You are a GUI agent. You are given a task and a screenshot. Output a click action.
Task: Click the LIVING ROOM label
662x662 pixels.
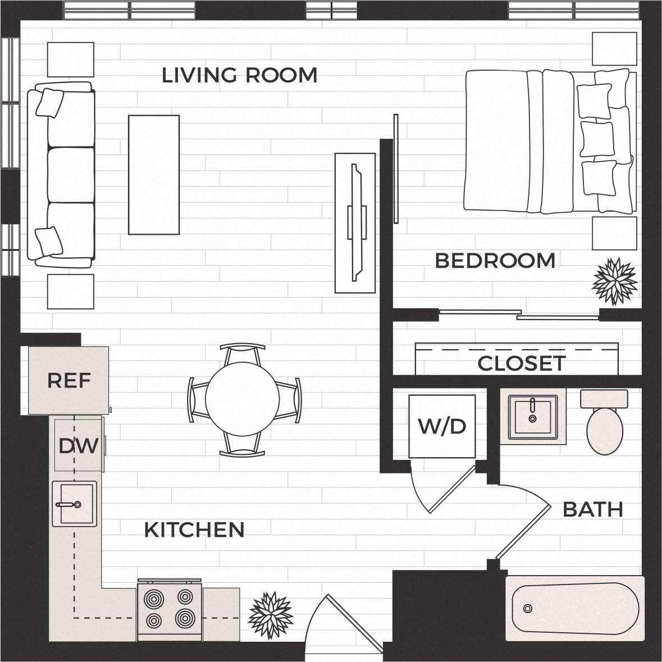[239, 75]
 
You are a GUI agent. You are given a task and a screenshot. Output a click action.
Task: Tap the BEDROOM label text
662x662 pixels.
[495, 261]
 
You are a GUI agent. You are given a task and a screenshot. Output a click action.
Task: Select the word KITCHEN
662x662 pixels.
[194, 530]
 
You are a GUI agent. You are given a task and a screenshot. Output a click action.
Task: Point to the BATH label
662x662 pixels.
[593, 510]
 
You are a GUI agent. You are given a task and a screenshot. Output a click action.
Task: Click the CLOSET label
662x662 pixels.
[521, 364]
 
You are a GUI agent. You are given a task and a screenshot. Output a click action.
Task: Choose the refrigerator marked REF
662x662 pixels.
[69, 381]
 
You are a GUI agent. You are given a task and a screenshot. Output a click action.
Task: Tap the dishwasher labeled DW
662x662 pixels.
[79, 446]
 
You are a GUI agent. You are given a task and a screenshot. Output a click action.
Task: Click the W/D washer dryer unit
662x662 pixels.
[442, 426]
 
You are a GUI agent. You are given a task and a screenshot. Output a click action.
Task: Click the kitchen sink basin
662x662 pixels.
[74, 504]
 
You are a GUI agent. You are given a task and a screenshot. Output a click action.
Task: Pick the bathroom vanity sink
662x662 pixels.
[532, 417]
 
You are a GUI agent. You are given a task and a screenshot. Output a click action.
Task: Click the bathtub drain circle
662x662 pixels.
[527, 609]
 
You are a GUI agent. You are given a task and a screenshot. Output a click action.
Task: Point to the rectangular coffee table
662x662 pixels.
[154, 174]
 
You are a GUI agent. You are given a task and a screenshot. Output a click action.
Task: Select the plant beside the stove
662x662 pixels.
[271, 615]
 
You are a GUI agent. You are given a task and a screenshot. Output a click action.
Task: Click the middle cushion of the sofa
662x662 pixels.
[71, 175]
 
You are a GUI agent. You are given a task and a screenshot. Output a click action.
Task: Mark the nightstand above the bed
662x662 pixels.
[615, 49]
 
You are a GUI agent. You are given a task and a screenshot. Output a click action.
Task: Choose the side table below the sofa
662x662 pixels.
[70, 291]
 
